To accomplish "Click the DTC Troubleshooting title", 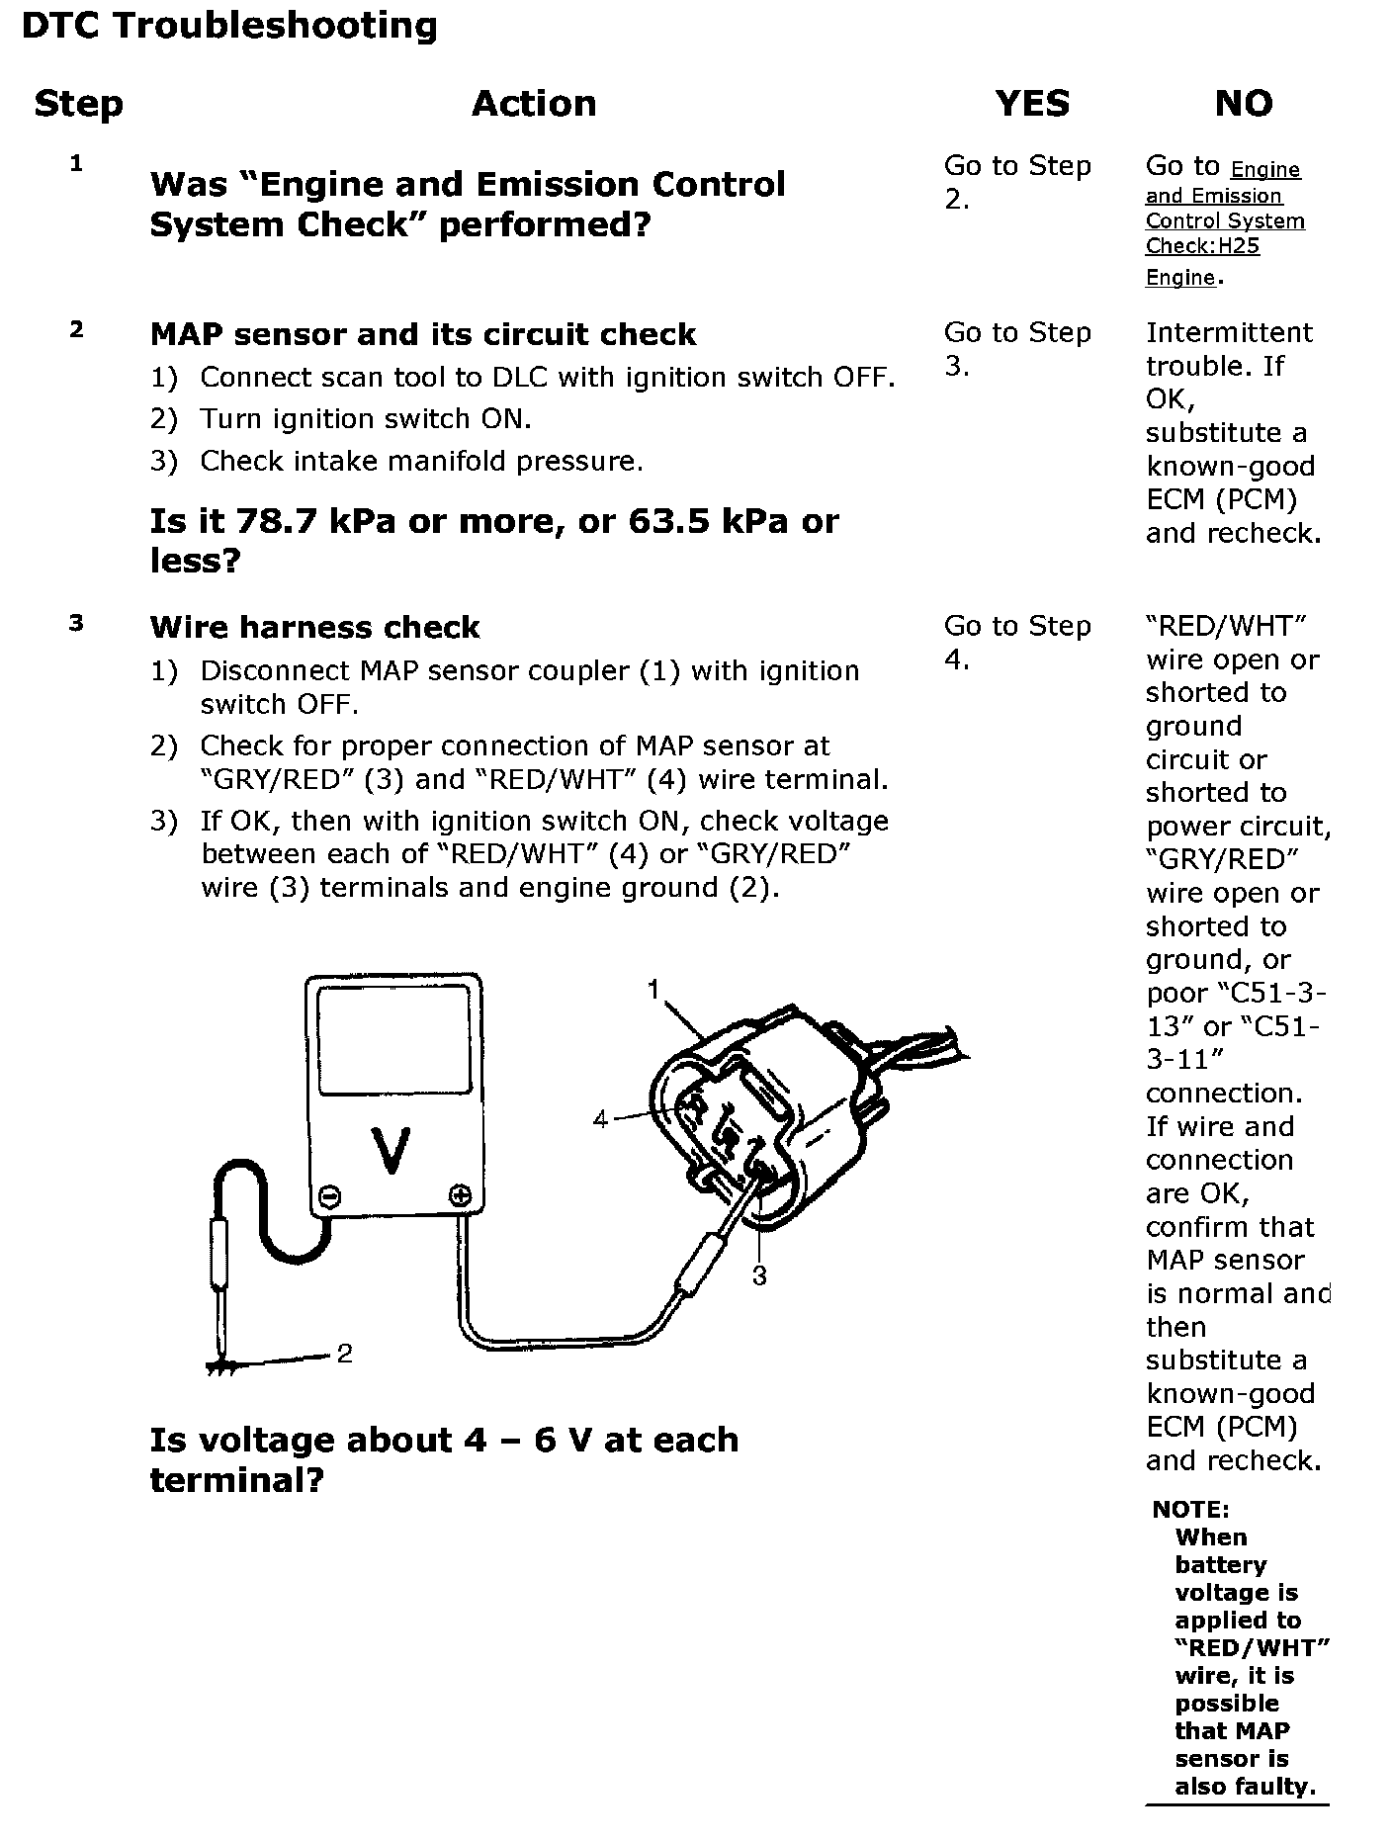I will (228, 27).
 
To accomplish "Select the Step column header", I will (78, 104).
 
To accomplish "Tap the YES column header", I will (1031, 104).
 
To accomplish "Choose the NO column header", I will (1243, 104).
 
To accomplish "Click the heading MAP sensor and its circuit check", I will (422, 334).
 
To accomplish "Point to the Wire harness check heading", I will (314, 627).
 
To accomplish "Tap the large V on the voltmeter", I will (391, 1151).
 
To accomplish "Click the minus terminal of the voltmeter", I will (330, 1197).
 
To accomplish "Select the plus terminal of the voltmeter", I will (460, 1195).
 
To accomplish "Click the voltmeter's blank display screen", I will (393, 1039).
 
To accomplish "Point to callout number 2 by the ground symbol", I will (344, 1354).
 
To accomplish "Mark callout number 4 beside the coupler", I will (600, 1119).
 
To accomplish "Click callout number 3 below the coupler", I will (759, 1275).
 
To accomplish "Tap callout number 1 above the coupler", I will (653, 990).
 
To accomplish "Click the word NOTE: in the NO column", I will (1190, 1510).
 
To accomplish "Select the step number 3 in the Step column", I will (76, 623).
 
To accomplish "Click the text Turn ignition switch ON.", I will (366, 419).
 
